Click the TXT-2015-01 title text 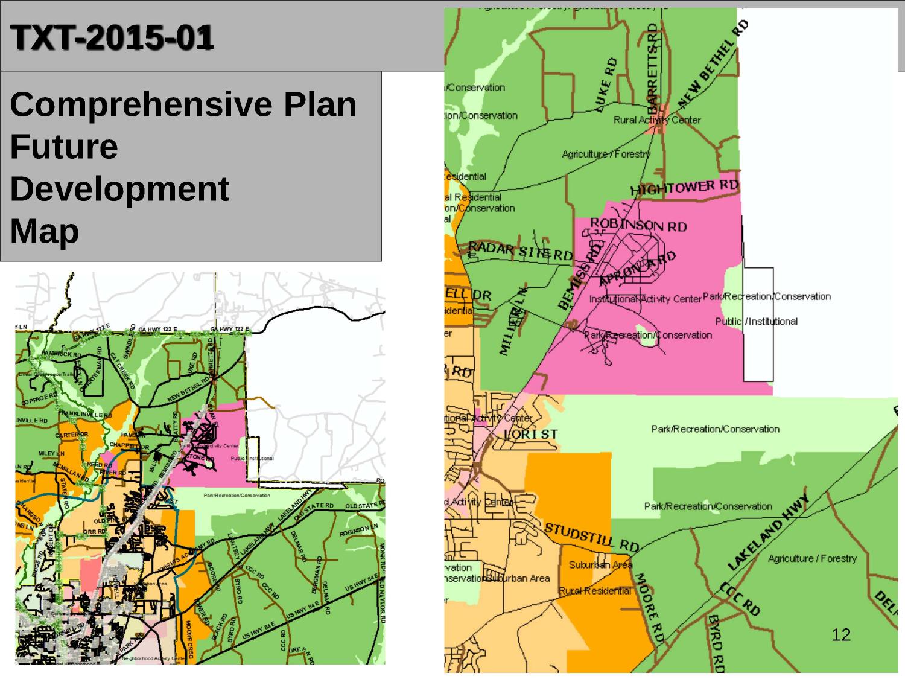pyautogui.click(x=112, y=38)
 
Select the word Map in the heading pyautogui.click(x=44, y=231)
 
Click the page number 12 pyautogui.click(x=840, y=634)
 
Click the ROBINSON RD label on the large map pyautogui.click(x=638, y=225)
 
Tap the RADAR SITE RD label pyautogui.click(x=520, y=252)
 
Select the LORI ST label pyautogui.click(x=530, y=434)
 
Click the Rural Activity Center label pyautogui.click(x=656, y=120)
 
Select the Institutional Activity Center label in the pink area pyautogui.click(x=645, y=299)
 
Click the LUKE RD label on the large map pyautogui.click(x=606, y=85)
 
